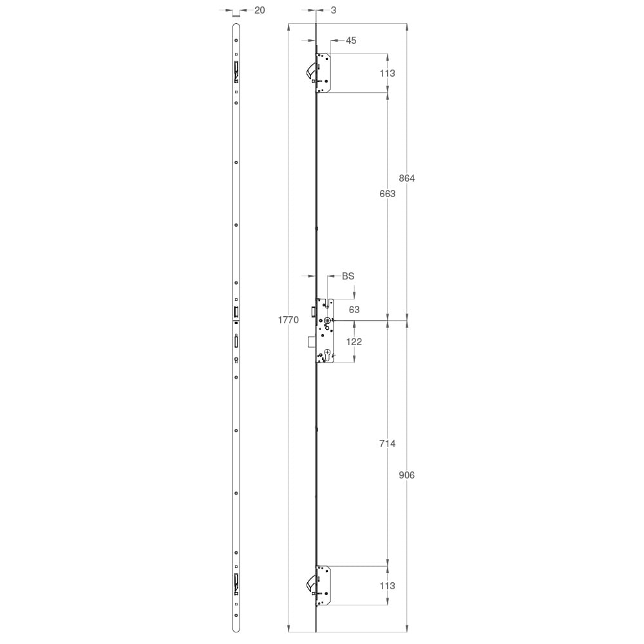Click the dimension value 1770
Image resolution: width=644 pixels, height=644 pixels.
(289, 320)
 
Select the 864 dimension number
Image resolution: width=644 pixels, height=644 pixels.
(406, 178)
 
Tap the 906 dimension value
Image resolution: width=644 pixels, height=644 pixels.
(406, 475)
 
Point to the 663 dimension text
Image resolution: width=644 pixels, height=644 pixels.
(387, 193)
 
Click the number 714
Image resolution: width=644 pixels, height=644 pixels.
(387, 444)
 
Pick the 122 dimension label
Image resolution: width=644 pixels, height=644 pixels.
(354, 342)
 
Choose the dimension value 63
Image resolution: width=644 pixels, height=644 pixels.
(354, 310)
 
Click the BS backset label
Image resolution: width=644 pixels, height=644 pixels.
(348, 276)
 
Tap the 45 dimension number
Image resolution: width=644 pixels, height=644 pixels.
(351, 40)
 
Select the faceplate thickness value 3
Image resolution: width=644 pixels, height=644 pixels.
(333, 10)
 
